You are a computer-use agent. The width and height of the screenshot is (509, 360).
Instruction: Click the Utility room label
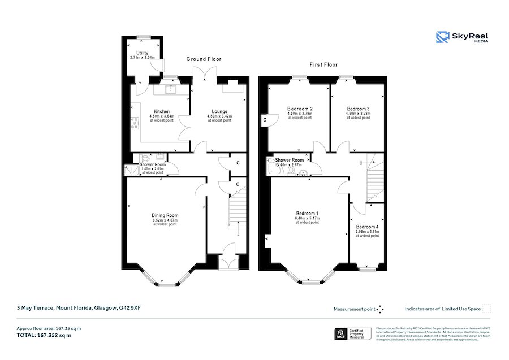tap(141, 53)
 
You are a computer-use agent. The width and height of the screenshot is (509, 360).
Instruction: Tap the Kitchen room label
tap(162, 111)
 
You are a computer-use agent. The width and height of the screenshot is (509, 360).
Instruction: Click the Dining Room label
tap(165, 215)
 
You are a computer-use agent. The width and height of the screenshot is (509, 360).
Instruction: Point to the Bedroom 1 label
tap(307, 213)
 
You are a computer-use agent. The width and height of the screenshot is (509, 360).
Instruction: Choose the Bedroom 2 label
tap(300, 109)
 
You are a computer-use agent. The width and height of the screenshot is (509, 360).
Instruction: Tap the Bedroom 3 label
tap(358, 109)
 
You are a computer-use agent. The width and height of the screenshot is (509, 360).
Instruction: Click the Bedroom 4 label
tap(367, 227)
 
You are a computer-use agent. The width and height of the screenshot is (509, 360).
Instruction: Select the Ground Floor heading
tap(204, 59)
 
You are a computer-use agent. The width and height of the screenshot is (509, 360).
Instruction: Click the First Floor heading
tap(323, 65)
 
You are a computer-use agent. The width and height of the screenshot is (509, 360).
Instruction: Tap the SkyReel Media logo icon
tap(442, 37)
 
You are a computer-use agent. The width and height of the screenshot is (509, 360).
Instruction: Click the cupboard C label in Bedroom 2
tap(264, 120)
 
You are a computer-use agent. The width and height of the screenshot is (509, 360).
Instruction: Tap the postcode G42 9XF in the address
tap(130, 308)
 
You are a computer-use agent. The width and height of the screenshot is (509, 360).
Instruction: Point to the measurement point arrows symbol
tap(381, 309)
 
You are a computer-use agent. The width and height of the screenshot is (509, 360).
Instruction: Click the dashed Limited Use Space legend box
tap(486, 309)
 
